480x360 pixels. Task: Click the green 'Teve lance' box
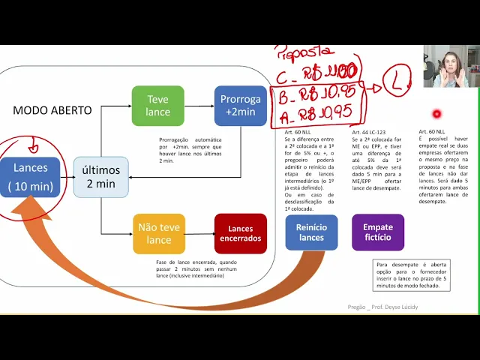[157, 106]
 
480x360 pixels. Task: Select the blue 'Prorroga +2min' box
[241, 106]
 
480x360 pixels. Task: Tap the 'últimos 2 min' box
[100, 177]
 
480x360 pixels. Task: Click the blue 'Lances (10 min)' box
[29, 176]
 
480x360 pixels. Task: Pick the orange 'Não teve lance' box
[158, 233]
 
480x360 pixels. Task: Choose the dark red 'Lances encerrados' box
[241, 233]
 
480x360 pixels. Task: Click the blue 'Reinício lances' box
[311, 232]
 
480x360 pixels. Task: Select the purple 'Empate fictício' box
[377, 232]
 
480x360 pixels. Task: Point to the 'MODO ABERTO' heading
[52, 110]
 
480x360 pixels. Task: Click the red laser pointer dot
[436, 114]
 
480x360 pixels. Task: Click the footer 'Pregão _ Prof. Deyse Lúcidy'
[382, 307]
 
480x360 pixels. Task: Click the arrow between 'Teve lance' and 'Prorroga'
[199, 106]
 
